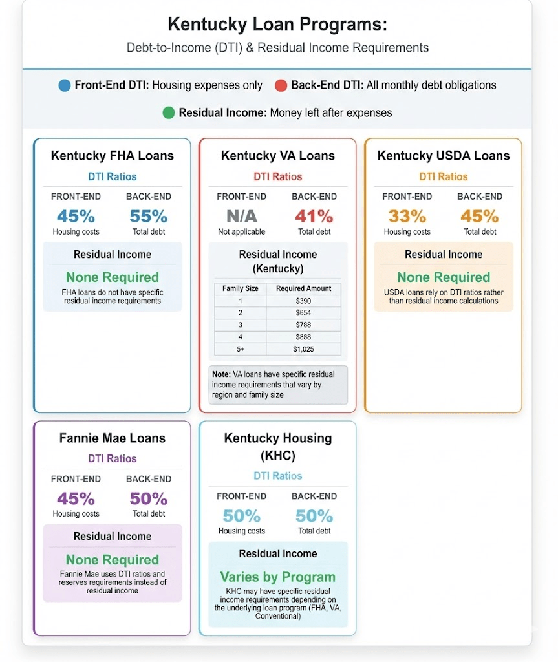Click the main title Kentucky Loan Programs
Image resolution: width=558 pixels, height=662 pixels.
(277, 25)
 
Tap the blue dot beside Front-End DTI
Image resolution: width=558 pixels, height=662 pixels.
(64, 85)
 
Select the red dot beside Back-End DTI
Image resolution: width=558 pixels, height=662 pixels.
(281, 85)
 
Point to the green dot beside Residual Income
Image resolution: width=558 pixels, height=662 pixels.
(168, 113)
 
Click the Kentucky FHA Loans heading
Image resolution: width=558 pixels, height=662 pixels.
(112, 156)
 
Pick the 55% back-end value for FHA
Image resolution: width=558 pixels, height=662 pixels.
(148, 216)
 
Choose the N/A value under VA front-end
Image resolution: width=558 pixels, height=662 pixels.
(241, 216)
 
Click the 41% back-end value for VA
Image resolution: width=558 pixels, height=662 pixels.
(314, 216)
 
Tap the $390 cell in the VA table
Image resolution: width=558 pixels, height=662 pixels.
(303, 301)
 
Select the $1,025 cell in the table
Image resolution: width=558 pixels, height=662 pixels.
(303, 349)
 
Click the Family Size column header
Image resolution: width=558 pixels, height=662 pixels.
(241, 288)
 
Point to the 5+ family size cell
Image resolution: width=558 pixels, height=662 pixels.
(241, 349)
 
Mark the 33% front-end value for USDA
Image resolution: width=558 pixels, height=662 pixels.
(407, 216)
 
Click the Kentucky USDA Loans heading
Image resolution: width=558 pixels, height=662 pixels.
(443, 156)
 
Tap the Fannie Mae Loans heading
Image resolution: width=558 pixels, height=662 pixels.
(112, 438)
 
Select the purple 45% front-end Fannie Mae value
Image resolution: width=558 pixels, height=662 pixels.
(76, 498)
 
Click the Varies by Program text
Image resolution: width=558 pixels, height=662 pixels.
(277, 577)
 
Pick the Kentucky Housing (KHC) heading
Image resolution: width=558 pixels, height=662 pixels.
(277, 446)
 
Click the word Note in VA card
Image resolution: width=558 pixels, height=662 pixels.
(220, 374)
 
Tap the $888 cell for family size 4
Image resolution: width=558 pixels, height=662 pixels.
(303, 337)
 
